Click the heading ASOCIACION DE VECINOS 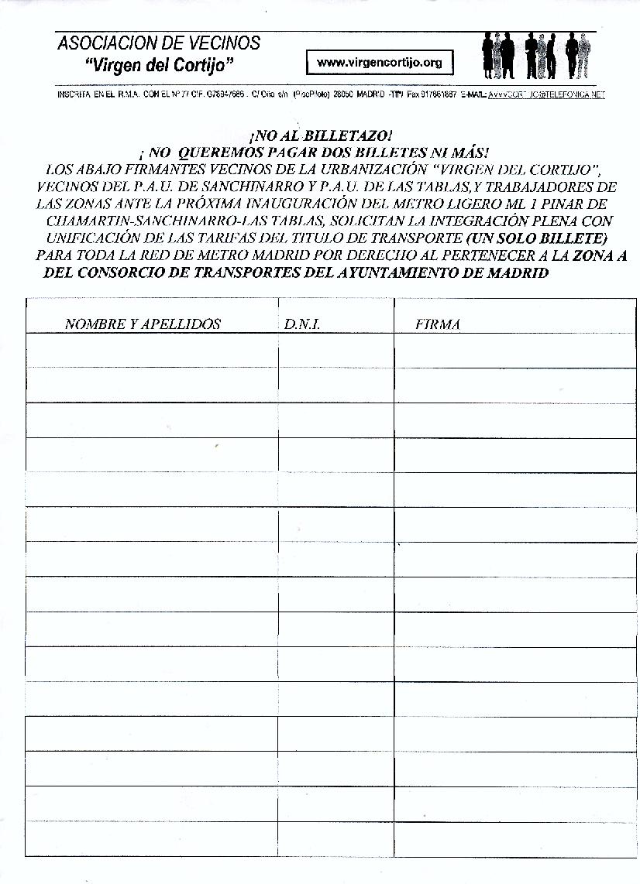point(159,43)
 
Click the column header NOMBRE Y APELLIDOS point(143,324)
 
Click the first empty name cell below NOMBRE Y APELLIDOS point(151,350)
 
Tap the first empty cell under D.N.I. point(335,350)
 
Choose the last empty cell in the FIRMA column point(514,839)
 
